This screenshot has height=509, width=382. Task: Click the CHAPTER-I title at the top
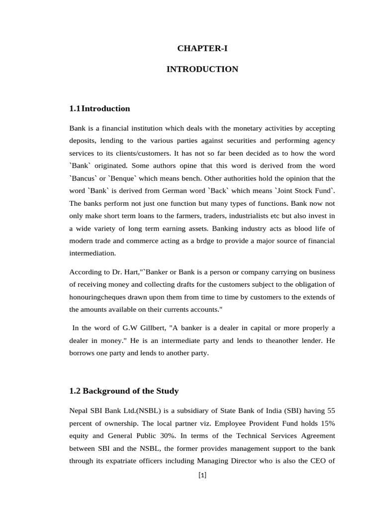click(202, 48)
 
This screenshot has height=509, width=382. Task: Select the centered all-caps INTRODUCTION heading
click(202, 69)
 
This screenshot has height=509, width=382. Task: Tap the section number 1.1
click(75, 108)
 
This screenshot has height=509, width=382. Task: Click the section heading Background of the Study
click(130, 391)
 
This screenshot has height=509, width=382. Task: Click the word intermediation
click(93, 253)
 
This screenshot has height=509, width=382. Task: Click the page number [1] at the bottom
click(202, 475)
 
